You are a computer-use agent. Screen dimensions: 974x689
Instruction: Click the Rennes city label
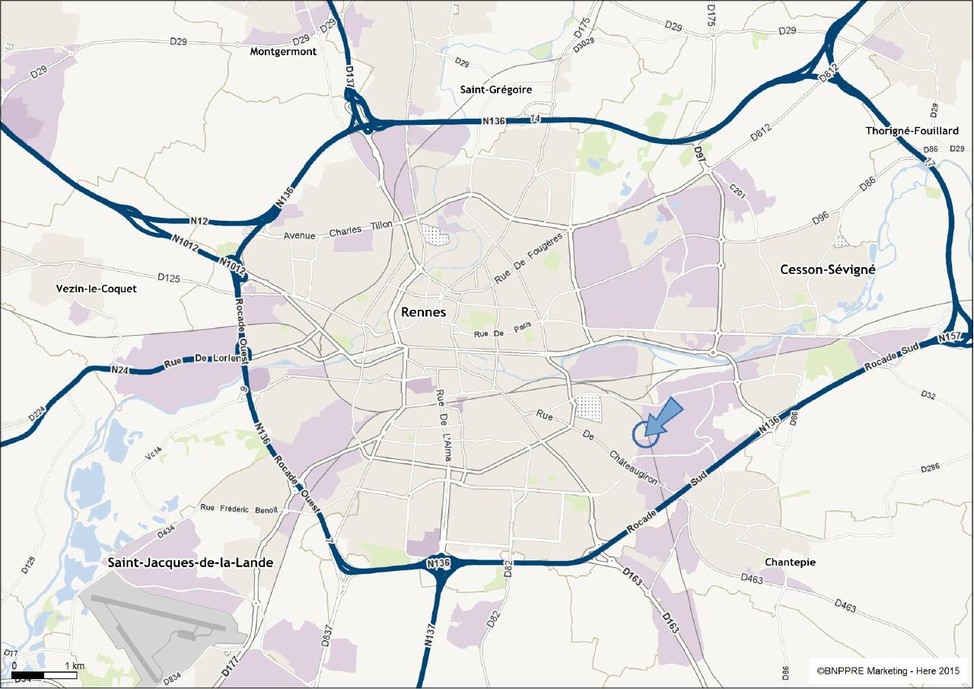point(423,313)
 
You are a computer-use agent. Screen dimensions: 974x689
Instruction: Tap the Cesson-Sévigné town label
point(828,270)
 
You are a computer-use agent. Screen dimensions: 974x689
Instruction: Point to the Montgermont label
point(283,52)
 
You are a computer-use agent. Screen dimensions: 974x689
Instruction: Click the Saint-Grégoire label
point(495,90)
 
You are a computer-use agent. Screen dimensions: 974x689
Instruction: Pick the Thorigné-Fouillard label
point(912,131)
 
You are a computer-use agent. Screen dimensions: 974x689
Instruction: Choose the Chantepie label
point(790,562)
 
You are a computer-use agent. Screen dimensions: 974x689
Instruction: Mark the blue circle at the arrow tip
point(645,435)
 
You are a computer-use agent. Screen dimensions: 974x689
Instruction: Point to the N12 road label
point(199,222)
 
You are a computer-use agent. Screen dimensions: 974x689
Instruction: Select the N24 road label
point(119,370)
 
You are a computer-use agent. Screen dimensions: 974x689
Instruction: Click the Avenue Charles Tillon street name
point(338,230)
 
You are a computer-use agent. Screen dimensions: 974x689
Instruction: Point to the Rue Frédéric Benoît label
point(239,509)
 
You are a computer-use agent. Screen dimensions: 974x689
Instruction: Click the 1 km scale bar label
point(75,666)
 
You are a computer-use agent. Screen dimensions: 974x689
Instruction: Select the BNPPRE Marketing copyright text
point(887,671)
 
